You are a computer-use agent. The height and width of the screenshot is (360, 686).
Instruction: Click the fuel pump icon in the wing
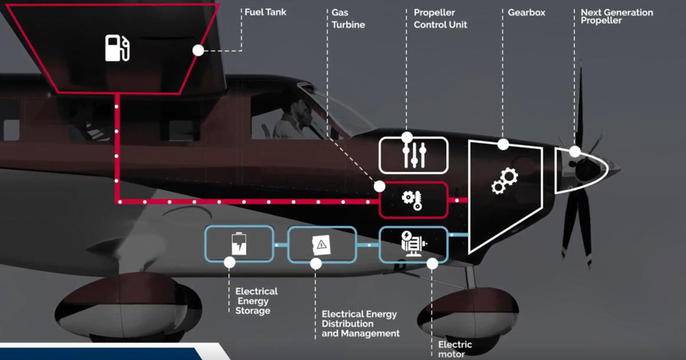point(117,47)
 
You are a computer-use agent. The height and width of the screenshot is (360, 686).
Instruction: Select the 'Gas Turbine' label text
point(348,18)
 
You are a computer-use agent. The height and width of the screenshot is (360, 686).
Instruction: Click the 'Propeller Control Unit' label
point(440,18)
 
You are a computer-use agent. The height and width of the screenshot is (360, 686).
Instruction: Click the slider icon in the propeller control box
point(414,155)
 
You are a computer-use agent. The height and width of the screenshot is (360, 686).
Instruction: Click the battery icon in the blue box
point(238,245)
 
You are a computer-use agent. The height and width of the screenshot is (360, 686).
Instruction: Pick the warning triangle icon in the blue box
point(321,245)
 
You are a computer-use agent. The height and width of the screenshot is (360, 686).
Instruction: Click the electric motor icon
point(414,244)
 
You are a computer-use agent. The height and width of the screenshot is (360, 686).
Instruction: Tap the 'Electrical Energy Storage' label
point(256,301)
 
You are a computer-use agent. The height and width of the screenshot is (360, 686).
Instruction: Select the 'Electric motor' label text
point(455,349)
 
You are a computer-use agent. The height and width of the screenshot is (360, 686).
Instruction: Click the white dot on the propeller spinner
point(575,151)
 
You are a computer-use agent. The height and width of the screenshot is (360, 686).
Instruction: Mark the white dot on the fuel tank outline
point(198,50)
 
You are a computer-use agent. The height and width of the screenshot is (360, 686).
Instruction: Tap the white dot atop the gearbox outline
point(502,145)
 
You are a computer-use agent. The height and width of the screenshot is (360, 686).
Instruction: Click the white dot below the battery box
point(230,262)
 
